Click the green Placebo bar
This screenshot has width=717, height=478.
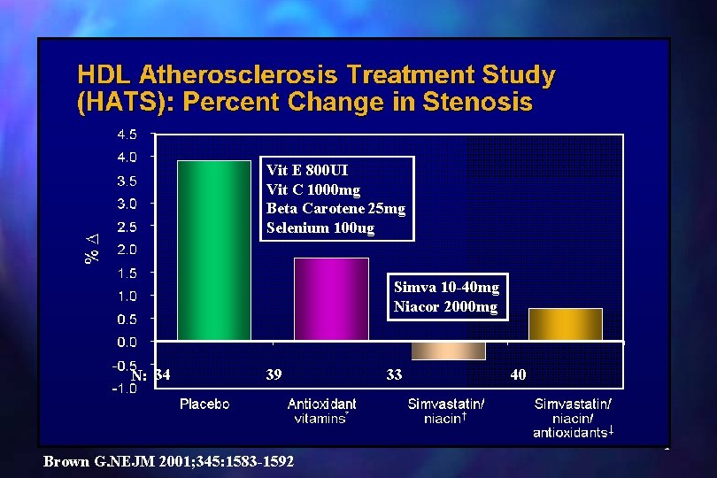[214, 251]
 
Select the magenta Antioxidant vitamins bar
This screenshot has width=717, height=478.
[332, 299]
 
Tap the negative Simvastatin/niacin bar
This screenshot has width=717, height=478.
[449, 351]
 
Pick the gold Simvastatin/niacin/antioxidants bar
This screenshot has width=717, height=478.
[566, 325]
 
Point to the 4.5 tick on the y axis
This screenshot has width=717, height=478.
[127, 135]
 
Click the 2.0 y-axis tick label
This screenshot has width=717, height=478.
[127, 250]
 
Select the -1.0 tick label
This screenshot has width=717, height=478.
[125, 389]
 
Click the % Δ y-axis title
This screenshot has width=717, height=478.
[92, 249]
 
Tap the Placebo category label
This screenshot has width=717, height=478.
[204, 404]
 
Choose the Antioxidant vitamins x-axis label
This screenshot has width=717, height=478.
[322, 411]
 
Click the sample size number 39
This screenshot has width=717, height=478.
[274, 374]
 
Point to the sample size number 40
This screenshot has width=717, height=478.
[518, 374]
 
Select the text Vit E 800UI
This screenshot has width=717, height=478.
[307, 170]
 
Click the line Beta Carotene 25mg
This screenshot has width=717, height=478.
[336, 209]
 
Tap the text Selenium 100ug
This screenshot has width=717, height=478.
[320, 227]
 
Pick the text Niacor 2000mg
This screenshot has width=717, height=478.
[446, 306]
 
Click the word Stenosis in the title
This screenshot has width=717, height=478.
[477, 101]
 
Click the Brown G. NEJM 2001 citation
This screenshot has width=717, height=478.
[168, 461]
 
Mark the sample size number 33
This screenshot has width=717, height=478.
[394, 374]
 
